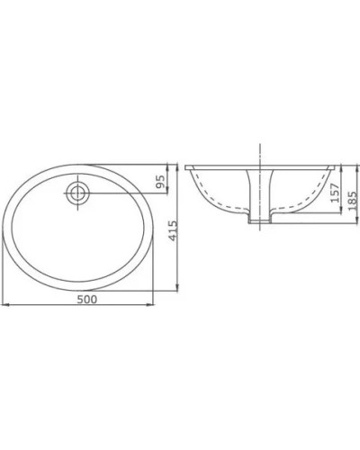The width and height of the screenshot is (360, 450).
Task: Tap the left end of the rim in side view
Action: tap(188, 166)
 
